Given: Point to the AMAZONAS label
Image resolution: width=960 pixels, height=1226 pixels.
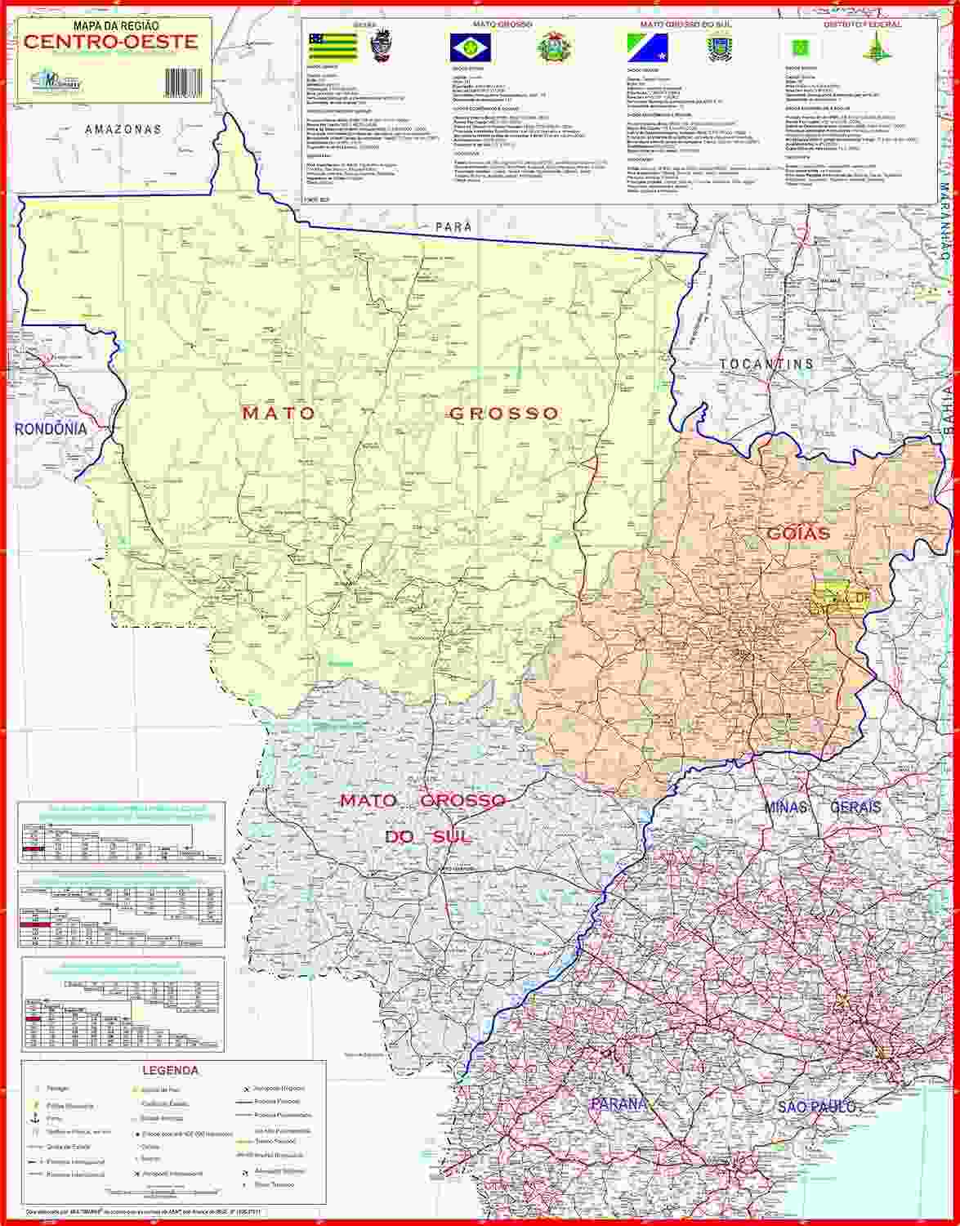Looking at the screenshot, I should coord(123,129).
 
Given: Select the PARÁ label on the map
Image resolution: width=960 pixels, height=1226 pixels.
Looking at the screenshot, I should coord(454,226).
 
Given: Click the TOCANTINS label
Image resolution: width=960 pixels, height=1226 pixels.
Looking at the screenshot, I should coord(766,363).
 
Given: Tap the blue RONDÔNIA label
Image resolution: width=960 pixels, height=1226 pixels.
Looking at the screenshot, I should coord(51,428).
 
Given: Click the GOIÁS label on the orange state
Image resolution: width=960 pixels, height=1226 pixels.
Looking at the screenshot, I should coord(798,533).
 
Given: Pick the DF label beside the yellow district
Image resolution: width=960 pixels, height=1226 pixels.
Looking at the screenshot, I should coord(863,598).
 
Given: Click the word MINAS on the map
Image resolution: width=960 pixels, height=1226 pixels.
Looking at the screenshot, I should coord(786,807).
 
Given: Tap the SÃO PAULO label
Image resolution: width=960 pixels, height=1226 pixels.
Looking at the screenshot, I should coord(816,1107).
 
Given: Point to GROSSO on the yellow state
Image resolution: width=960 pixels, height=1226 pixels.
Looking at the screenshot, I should coord(504,414).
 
